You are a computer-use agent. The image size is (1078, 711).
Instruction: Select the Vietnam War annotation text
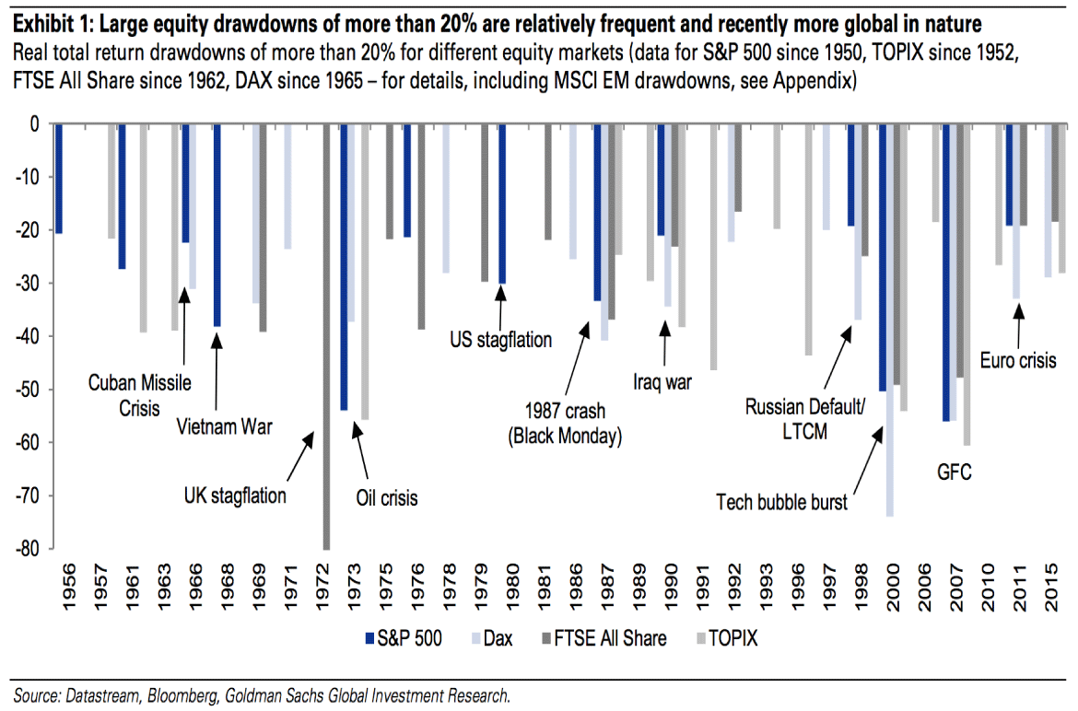tap(225, 427)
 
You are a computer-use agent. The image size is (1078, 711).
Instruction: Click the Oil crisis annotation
tap(386, 498)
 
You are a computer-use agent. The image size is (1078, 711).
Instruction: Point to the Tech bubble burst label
tap(781, 502)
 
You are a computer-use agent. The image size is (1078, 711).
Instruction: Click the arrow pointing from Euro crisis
tap(1018, 323)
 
